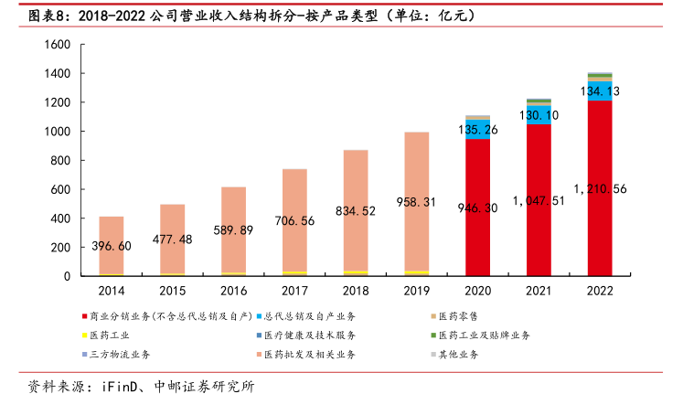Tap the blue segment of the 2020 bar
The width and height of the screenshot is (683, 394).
click(x=477, y=129)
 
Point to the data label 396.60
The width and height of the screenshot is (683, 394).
click(x=112, y=246)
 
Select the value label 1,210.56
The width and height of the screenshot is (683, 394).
click(x=600, y=189)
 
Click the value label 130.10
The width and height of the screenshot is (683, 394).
click(x=539, y=115)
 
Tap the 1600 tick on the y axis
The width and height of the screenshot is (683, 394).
click(x=58, y=45)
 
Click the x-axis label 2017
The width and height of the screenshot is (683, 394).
click(x=294, y=291)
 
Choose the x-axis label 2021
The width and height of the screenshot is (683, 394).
click(x=539, y=291)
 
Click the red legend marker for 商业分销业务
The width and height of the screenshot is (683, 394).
click(x=82, y=316)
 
